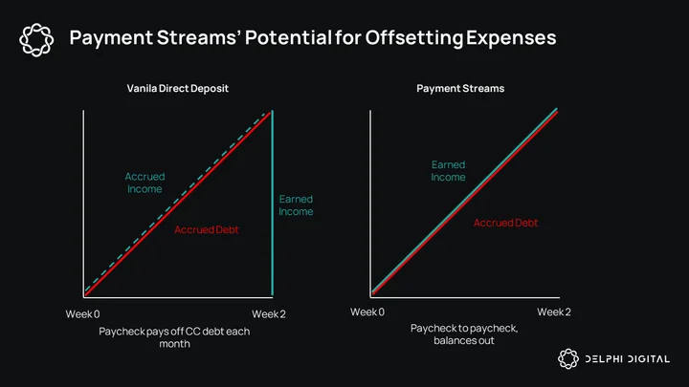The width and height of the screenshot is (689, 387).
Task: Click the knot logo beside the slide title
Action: [x=36, y=40]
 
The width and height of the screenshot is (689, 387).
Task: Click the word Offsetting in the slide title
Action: [x=414, y=37]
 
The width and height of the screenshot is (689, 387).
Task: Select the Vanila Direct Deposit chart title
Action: [x=178, y=88]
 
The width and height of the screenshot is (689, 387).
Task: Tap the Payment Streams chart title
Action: [x=460, y=88]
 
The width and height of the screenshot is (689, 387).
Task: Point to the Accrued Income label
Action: [x=144, y=183]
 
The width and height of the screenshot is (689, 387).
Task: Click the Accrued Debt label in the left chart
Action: [x=206, y=229]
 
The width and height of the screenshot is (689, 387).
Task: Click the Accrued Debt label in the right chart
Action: [x=505, y=223]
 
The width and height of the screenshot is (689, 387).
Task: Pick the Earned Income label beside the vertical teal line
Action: [x=296, y=204]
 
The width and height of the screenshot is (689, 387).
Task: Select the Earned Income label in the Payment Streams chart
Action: [x=448, y=171]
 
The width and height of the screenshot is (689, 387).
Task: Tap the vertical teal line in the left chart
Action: [x=273, y=204]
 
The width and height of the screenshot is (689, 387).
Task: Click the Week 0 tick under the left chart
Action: [x=82, y=314]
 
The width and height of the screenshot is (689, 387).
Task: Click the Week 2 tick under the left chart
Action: [x=269, y=314]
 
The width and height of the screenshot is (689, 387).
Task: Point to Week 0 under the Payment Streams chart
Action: [x=367, y=312]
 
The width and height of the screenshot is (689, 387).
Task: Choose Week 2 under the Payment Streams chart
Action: [x=554, y=312]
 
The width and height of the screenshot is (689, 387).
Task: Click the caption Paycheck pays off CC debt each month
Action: [x=174, y=337]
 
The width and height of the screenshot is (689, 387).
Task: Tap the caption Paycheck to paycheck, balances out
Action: [x=464, y=334]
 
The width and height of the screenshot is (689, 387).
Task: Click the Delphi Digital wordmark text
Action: [x=628, y=359]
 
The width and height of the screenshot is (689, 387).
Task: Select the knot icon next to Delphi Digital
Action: [x=568, y=359]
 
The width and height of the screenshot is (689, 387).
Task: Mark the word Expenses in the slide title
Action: [x=511, y=37]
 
